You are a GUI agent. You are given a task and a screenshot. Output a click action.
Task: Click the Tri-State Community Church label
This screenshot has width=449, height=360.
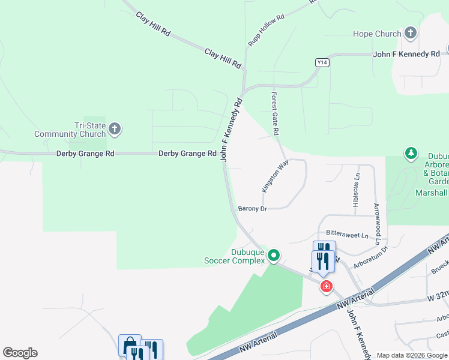pyautogui.click(x=70, y=130)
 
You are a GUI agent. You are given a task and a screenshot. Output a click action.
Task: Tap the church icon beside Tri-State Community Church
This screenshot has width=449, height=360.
pyautogui.click(x=115, y=128)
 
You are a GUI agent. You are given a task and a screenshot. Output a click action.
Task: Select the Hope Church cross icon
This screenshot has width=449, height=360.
pyautogui.click(x=411, y=33)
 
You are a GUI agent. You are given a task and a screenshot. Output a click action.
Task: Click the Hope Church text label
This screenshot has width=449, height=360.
pyautogui.click(x=376, y=34)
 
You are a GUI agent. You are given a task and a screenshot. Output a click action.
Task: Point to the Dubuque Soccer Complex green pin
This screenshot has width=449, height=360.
pyautogui.click(x=274, y=256)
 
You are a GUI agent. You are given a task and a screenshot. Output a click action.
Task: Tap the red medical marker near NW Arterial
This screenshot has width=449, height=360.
pyautogui.click(x=327, y=287)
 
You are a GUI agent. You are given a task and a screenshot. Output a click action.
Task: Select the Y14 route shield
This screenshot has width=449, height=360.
pyautogui.click(x=323, y=62)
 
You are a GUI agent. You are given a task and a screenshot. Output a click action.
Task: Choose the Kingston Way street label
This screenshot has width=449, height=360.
pyautogui.click(x=276, y=176)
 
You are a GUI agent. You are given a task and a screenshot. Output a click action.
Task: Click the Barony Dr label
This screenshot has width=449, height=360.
pyautogui.click(x=252, y=209)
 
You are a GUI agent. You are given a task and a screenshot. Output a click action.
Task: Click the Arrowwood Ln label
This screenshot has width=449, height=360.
pyautogui.click(x=377, y=223)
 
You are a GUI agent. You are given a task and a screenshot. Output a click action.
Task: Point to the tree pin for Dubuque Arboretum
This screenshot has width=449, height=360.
pyautogui.click(x=411, y=154)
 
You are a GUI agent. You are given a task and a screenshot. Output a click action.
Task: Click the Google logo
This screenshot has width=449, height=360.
pyautogui.click(x=20, y=353)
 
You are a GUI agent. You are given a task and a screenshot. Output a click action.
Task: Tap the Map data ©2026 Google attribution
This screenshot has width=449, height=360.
pyautogui.click(x=412, y=356)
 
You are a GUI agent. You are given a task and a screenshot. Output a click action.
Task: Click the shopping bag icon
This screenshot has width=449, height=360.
pyautogui.click(x=129, y=345)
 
